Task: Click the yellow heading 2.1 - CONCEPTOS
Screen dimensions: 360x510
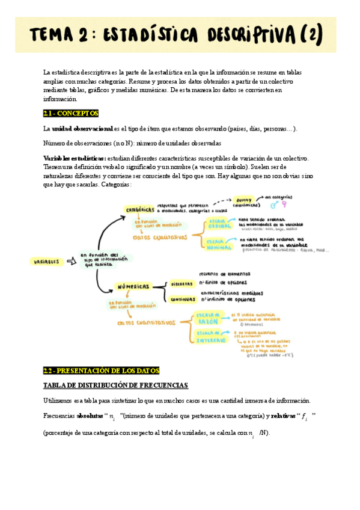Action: click(x=70, y=113)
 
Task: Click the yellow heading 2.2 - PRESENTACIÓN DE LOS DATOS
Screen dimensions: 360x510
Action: click(x=100, y=370)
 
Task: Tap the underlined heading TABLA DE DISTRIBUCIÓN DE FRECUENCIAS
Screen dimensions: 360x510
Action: click(x=115, y=385)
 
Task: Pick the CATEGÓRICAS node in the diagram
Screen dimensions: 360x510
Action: click(x=139, y=209)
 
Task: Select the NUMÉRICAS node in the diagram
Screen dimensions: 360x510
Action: click(x=132, y=287)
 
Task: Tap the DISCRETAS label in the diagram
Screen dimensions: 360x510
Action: click(x=182, y=283)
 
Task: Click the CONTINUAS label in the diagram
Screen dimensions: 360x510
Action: click(x=183, y=299)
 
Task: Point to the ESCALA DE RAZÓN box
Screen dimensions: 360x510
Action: click(x=210, y=319)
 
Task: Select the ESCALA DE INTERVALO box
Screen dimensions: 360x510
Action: click(x=210, y=336)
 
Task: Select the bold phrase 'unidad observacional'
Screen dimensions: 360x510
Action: click(x=82, y=129)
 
